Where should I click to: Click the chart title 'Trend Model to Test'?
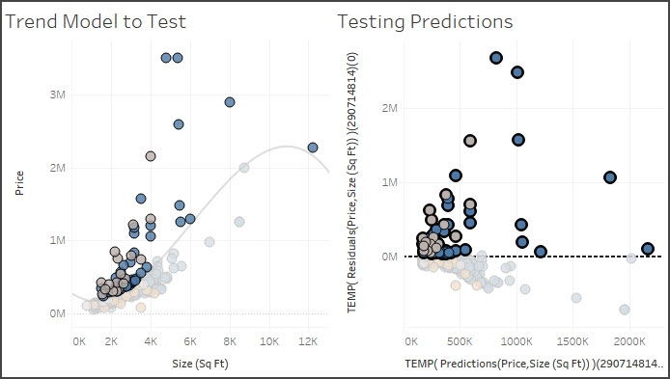click(97, 20)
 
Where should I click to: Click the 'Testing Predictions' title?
click(424, 20)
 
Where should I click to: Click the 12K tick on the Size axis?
click(309, 342)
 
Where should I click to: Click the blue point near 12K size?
click(313, 148)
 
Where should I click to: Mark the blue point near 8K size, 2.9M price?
click(230, 101)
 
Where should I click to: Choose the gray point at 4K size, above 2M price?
click(151, 155)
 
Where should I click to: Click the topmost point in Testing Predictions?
click(496, 58)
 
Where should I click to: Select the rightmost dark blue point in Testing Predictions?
click(648, 249)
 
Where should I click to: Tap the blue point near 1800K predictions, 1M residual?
click(610, 177)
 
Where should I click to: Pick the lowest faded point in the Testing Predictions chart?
click(625, 310)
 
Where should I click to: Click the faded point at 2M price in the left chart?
click(244, 168)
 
